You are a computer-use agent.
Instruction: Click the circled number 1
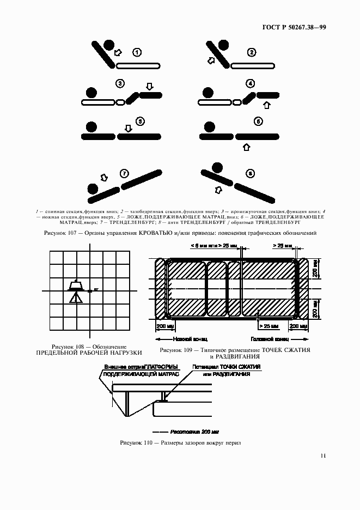coord(137,52)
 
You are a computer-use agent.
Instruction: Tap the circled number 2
coord(251,52)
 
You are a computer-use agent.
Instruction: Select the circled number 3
coord(120,84)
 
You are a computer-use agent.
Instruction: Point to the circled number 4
coord(250,84)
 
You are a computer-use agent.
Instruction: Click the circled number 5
coord(140,122)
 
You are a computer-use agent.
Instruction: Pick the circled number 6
coord(258,122)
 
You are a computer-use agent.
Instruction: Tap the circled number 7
coord(124,174)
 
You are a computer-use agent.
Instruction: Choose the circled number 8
coord(250,174)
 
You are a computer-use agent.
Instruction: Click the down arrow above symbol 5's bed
coord(129,129)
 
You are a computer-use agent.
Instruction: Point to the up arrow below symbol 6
coord(246,147)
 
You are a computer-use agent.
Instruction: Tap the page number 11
coord(323,456)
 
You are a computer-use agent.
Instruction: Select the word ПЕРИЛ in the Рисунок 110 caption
coord(231,442)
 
